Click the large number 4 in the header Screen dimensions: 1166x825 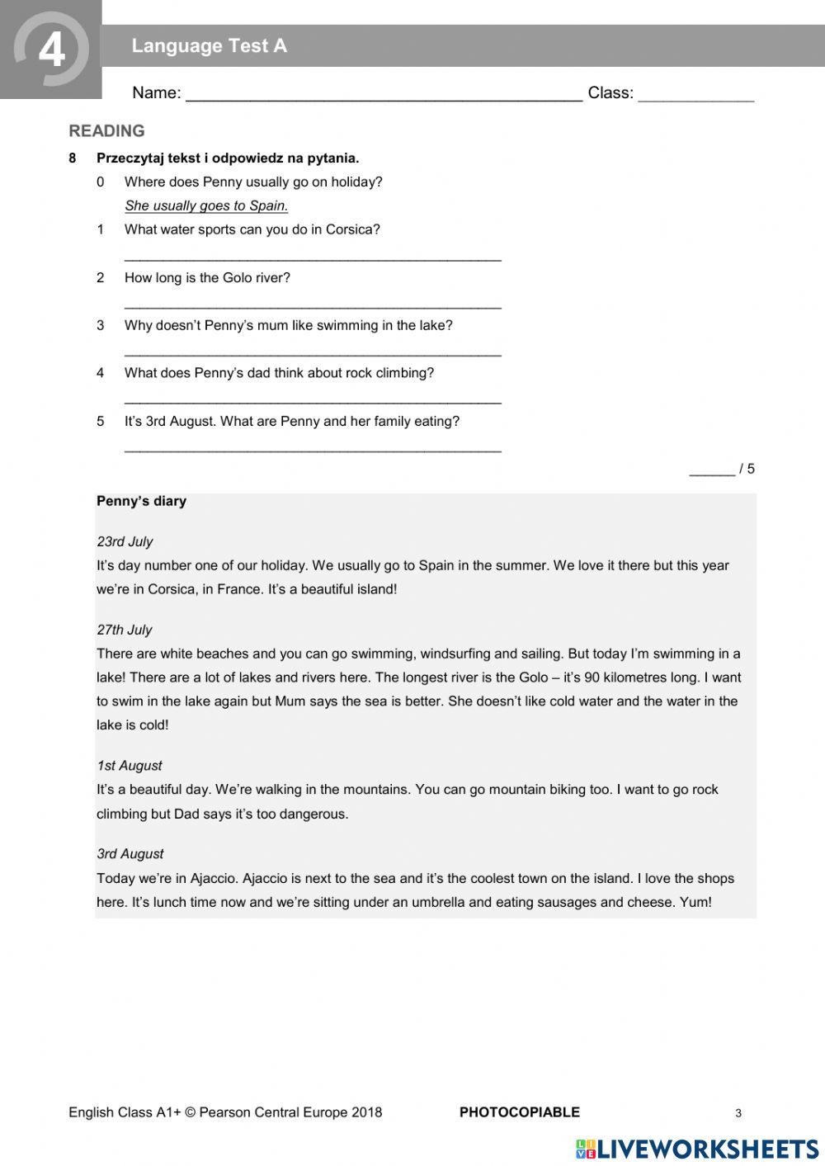[51, 50]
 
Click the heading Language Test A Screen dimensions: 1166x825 [209, 46]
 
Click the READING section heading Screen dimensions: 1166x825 [106, 131]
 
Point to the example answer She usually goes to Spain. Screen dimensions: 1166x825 [206, 205]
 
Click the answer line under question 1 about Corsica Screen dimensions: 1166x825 [313, 257]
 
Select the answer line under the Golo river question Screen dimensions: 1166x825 [313, 305]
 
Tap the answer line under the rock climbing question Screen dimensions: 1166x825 [313, 401]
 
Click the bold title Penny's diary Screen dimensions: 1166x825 [141, 501]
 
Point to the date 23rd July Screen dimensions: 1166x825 [125, 541]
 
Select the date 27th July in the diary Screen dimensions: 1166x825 [125, 630]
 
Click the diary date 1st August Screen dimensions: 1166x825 [130, 766]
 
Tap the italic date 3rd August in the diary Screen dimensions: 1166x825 [130, 854]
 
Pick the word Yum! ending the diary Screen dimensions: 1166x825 [695, 902]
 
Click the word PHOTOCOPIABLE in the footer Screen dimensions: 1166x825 [519, 1112]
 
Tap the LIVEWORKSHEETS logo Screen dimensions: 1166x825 [697, 1149]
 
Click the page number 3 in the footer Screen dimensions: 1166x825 [738, 1113]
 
